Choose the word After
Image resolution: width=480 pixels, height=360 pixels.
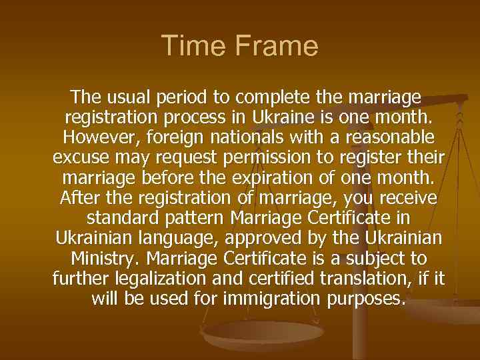(79, 198)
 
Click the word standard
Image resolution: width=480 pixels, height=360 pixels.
(119, 218)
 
